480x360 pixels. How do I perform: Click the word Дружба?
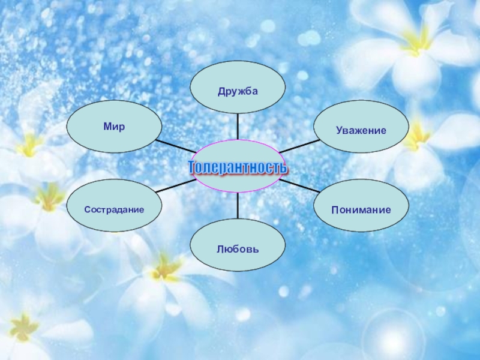pos(238,91)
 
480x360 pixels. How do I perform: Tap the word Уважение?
pos(361,130)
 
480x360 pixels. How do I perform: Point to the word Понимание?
pos(361,210)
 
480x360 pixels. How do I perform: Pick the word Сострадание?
pos(114,210)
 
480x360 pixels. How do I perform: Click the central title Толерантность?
pos(238,167)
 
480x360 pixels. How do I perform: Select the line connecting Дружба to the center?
pos(238,127)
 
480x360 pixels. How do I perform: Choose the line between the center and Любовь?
pos(238,206)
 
